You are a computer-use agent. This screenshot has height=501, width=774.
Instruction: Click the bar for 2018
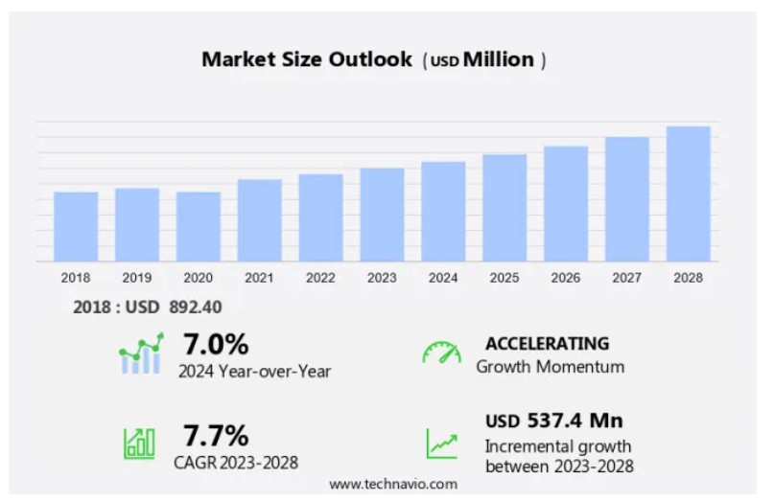click(76, 226)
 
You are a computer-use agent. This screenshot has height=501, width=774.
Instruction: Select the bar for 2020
click(199, 226)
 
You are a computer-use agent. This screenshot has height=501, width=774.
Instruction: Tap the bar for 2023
click(382, 215)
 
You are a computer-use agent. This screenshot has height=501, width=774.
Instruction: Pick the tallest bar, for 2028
click(688, 194)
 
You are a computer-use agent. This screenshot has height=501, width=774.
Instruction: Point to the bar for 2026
click(566, 203)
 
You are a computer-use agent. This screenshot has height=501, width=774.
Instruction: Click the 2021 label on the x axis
click(259, 278)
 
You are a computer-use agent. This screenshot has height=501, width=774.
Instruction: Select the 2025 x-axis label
click(504, 278)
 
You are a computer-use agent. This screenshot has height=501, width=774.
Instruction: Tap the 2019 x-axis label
click(137, 278)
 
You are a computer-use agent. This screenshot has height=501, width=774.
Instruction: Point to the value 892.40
click(201, 307)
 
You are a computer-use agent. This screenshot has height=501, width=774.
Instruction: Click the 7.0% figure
click(216, 344)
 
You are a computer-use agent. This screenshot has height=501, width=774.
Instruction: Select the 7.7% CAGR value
click(216, 436)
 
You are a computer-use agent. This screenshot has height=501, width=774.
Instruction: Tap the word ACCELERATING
click(547, 343)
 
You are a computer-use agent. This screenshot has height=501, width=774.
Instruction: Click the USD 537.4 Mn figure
click(553, 421)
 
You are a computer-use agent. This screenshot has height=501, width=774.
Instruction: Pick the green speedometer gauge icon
click(441, 353)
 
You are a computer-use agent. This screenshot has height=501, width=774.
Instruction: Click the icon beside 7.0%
click(142, 354)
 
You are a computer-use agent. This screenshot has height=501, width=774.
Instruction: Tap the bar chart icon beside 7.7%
click(139, 443)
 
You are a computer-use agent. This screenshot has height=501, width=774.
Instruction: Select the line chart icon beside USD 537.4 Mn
click(441, 443)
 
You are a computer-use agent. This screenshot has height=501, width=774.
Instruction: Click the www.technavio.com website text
click(393, 484)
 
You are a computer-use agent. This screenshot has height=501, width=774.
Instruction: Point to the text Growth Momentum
click(551, 366)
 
